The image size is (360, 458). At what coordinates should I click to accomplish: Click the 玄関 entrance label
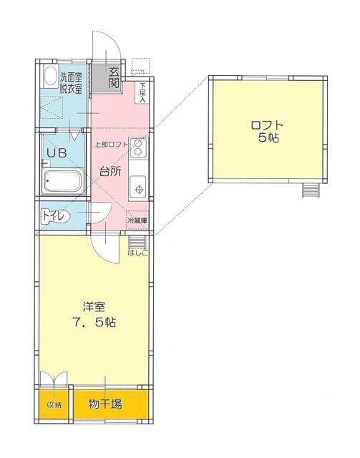coord(114,78)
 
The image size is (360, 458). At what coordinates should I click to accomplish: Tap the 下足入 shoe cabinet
coord(142,92)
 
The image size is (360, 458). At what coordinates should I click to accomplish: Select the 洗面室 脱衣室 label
coord(71,83)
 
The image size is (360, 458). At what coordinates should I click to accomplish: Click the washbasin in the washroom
coord(51,77)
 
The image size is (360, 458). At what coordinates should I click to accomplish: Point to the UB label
coord(57,152)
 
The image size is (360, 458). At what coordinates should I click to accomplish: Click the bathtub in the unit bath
coord(62,181)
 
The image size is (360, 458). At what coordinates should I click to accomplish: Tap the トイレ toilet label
coord(54,216)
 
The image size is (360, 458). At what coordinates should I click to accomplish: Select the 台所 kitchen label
coord(110,172)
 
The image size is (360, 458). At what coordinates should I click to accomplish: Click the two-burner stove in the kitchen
coord(138,148)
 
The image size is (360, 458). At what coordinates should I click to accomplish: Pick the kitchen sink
coord(138,187)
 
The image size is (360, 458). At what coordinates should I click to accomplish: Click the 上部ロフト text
coord(112,145)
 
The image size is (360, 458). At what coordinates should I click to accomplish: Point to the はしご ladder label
coord(138,253)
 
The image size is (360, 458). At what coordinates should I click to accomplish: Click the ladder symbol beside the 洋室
coord(137,242)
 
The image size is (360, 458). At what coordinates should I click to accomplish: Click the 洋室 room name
coord(94,307)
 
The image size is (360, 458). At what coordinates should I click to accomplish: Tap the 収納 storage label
coord(54,405)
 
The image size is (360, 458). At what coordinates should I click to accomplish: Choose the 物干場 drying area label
coord(105,404)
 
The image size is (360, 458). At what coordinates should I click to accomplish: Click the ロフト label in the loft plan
coord(268,125)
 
